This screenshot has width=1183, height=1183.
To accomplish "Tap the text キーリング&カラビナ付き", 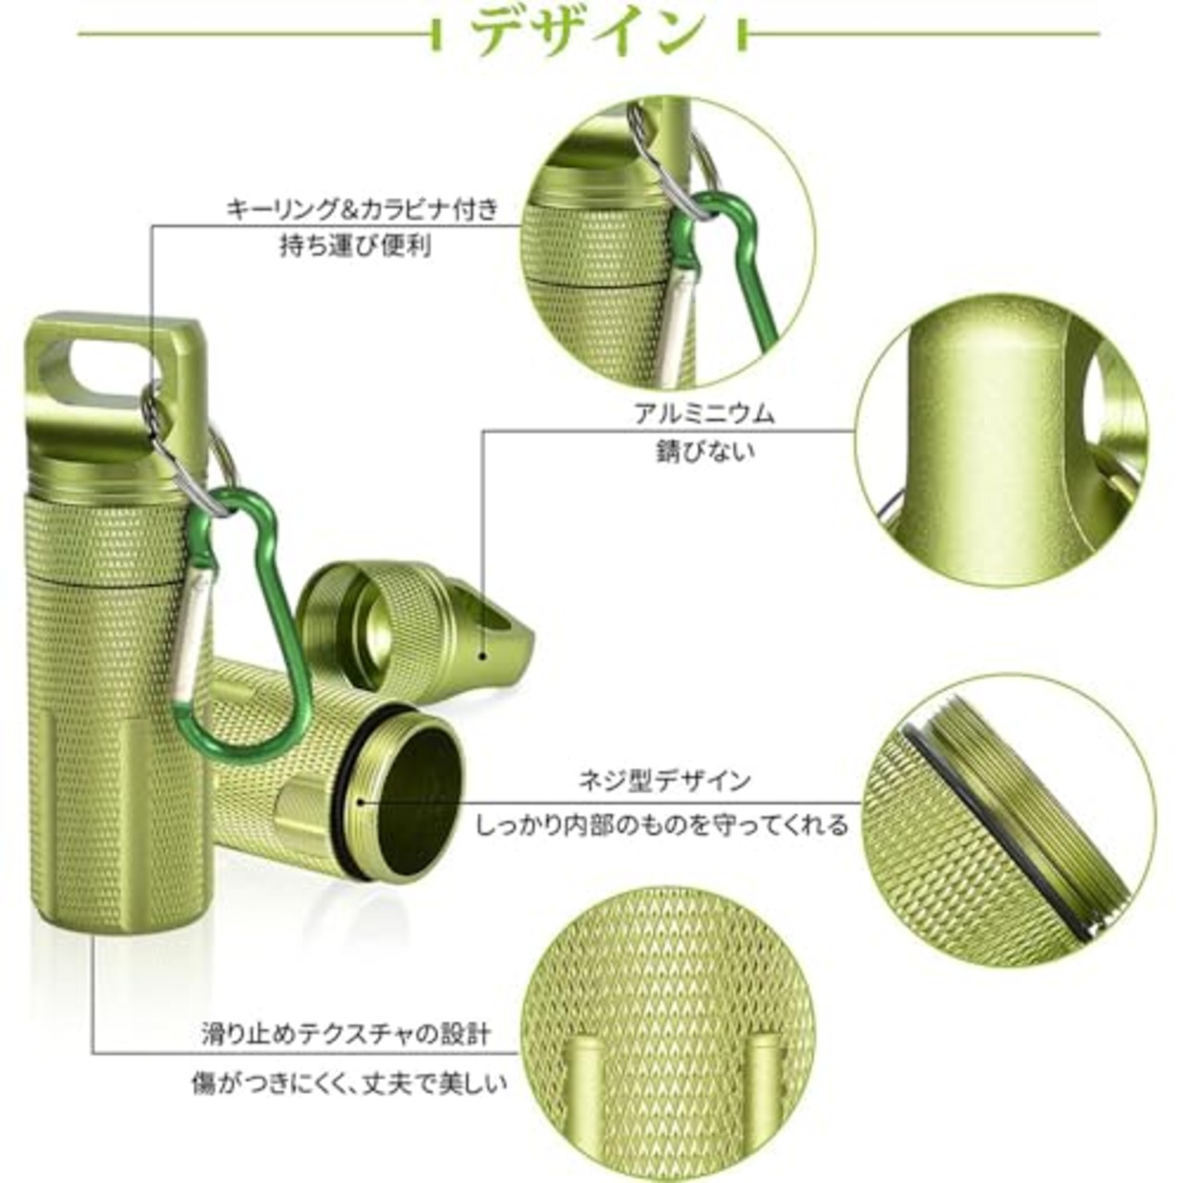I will [363, 209].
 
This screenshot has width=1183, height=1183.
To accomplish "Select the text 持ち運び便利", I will [356, 247].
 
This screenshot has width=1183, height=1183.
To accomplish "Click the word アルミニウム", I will [704, 413].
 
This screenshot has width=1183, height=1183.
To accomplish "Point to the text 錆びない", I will [704, 452].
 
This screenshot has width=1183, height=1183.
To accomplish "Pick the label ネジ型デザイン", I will [665, 781].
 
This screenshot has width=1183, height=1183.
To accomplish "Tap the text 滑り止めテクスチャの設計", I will [347, 1033].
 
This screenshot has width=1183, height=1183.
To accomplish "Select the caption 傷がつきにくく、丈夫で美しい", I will [349, 1081].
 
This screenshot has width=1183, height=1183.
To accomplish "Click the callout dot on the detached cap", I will [482, 654].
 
